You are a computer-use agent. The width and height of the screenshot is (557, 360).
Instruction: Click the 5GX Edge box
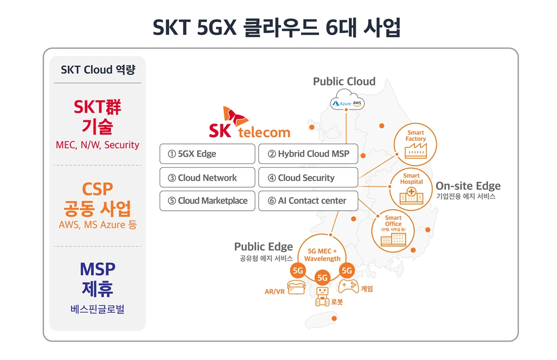(x=207, y=154)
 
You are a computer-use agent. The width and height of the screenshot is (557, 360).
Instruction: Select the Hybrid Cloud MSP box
(x=308, y=154)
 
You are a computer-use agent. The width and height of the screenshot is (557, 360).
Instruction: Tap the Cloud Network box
(x=207, y=178)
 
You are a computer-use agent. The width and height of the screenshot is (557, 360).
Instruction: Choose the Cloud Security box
(x=308, y=178)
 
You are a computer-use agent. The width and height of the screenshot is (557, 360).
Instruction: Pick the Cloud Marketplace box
(x=207, y=201)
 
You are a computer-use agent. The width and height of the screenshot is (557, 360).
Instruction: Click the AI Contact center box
(x=308, y=201)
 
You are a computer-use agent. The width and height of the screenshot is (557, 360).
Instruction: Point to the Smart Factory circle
(x=416, y=143)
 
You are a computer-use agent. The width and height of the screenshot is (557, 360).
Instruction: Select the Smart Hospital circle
(x=411, y=187)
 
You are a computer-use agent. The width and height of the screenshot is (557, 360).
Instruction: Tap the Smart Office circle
(x=393, y=229)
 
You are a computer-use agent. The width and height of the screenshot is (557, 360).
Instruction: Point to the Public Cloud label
(x=344, y=81)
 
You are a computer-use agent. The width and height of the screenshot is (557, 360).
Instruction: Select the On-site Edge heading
(x=468, y=186)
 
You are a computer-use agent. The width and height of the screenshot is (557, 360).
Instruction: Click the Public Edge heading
(x=263, y=246)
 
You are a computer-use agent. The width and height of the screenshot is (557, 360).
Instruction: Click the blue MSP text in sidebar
(x=97, y=269)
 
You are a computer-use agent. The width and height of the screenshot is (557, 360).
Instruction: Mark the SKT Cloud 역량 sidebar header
(x=97, y=70)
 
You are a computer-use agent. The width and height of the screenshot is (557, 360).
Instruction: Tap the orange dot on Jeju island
(x=334, y=318)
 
